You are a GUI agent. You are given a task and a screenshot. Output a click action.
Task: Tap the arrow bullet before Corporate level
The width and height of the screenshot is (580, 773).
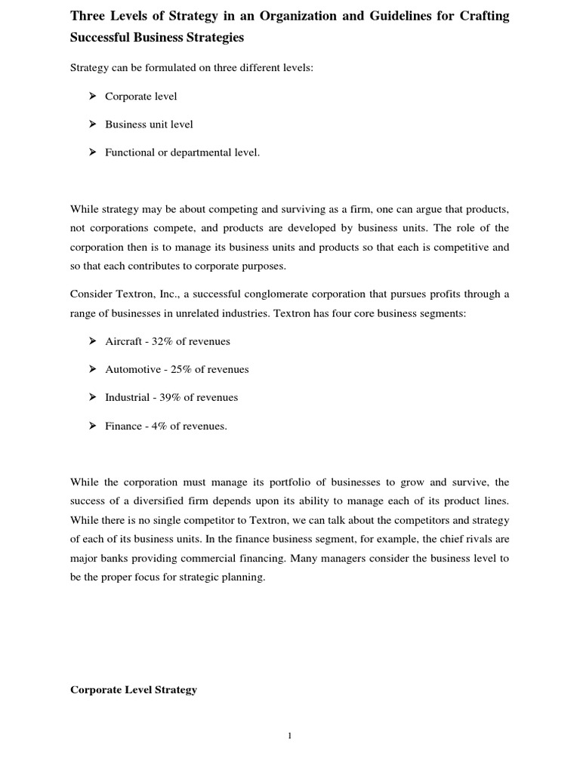(91, 96)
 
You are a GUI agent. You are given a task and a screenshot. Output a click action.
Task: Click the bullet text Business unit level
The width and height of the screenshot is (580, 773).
(149, 125)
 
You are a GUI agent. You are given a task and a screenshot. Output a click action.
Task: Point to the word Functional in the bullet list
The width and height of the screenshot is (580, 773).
(129, 152)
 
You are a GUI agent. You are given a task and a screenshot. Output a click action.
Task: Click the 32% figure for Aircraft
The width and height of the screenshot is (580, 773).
(162, 341)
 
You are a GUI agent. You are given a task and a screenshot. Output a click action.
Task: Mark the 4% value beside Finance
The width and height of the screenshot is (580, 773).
(159, 426)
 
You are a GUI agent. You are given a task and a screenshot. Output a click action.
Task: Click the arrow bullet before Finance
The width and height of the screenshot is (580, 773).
(91, 426)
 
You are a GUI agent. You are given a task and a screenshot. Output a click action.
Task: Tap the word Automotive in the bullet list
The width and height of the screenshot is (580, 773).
(133, 369)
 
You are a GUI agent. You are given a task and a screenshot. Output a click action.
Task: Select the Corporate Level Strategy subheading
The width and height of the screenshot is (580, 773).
(134, 689)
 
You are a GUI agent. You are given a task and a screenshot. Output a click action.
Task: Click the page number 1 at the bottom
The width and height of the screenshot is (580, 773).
(289, 738)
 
